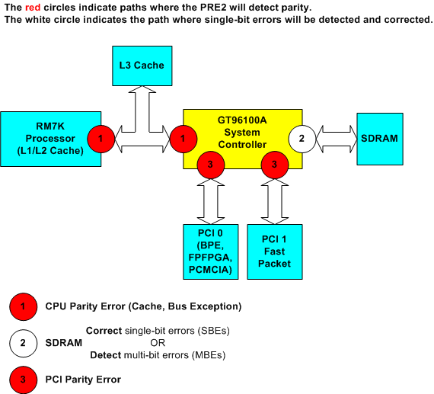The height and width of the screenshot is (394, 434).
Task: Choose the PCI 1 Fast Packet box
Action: pyautogui.click(x=275, y=251)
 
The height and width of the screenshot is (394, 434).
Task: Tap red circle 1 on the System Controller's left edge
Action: pyautogui.click(x=183, y=139)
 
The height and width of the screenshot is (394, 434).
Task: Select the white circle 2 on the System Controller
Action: pyautogui.click(x=301, y=139)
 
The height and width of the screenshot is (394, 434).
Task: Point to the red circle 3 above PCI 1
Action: pyautogui.click(x=274, y=165)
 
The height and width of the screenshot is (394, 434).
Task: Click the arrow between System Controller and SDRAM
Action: pyautogui.click(x=335, y=139)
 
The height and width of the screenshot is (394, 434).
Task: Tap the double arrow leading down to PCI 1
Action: pyautogui.click(x=274, y=200)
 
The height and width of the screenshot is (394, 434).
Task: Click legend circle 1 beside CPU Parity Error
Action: pyautogui.click(x=23, y=307)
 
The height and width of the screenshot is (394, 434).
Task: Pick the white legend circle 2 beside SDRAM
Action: pyautogui.click(x=23, y=343)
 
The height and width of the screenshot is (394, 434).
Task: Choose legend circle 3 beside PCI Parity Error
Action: pyautogui.click(x=23, y=379)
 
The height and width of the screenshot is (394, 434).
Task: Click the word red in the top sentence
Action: pyautogui.click(x=34, y=7)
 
